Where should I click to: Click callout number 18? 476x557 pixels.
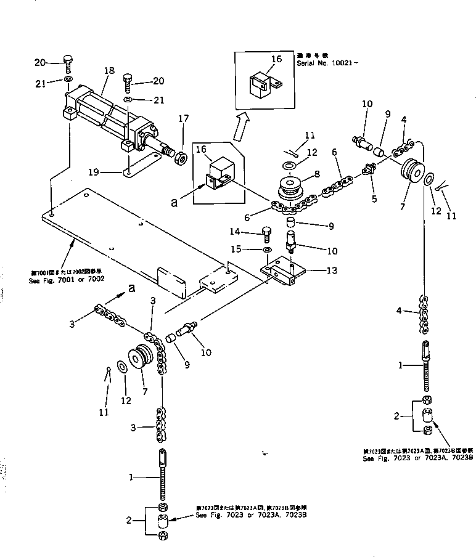[109, 71]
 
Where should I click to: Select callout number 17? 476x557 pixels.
[183, 118]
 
